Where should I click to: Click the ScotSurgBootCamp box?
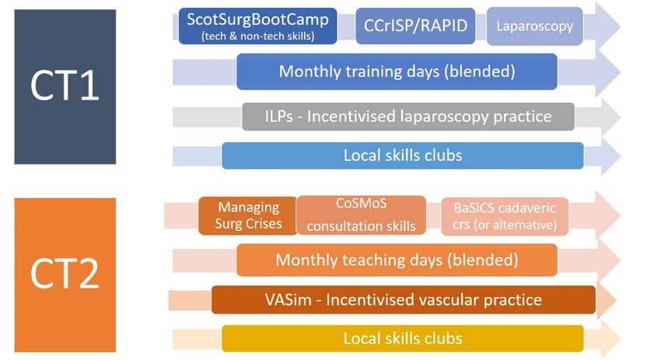tap(257, 26)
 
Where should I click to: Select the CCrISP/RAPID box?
tap(415, 26)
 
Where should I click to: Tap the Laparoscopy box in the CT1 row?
tap(534, 26)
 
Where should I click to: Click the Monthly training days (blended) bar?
tap(397, 72)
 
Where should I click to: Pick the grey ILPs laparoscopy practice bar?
tap(408, 117)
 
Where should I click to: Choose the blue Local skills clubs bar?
tap(403, 156)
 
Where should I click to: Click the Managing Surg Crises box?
tap(248, 215)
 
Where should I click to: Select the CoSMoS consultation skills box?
tap(362, 215)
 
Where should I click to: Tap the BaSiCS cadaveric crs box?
tap(505, 216)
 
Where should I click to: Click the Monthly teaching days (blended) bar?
tap(397, 260)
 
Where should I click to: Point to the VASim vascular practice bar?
tap(404, 299)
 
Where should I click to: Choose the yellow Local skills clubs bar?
tap(403, 338)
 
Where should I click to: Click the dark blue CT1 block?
tap(65, 87)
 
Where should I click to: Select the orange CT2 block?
tap(65, 274)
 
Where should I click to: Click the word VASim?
tap(288, 300)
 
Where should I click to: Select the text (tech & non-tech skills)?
tap(257, 37)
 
